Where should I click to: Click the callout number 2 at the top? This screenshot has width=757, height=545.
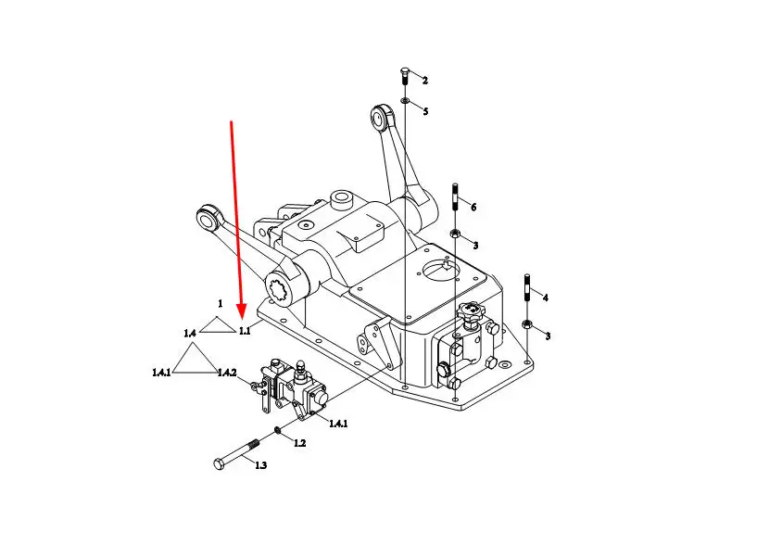click(x=425, y=81)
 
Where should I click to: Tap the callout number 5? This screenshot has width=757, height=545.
click(x=425, y=111)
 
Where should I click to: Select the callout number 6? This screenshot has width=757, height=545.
click(x=473, y=208)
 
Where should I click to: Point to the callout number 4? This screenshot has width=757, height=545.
click(x=545, y=298)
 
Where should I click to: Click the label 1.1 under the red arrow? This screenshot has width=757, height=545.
click(x=245, y=331)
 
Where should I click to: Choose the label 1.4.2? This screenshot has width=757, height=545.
click(x=227, y=373)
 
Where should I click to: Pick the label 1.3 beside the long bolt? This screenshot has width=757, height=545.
click(x=260, y=465)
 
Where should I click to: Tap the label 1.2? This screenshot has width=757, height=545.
click(x=300, y=443)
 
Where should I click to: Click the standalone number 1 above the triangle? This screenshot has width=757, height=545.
click(x=221, y=303)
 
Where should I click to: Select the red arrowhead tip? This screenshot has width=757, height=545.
click(x=242, y=321)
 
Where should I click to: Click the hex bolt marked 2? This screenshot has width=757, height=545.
click(x=405, y=76)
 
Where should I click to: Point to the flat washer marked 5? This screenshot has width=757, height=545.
click(x=405, y=101)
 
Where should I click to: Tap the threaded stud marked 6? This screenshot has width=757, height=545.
click(x=455, y=196)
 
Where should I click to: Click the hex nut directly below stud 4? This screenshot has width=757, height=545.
click(x=527, y=324)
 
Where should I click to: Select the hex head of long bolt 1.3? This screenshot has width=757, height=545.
click(x=219, y=464)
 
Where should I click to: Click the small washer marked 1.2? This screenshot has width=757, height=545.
click(x=278, y=430)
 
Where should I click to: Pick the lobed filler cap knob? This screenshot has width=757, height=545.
click(x=470, y=311)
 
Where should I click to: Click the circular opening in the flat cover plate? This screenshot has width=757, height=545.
click(x=441, y=271)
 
